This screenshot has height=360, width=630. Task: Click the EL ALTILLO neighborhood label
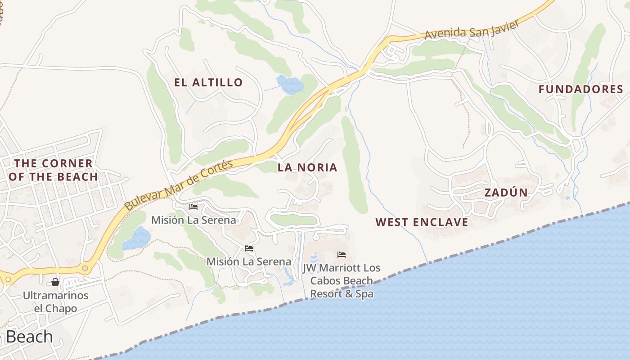click(209, 82)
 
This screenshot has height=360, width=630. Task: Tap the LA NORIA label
click(307, 167)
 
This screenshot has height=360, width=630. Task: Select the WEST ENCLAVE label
click(422, 222)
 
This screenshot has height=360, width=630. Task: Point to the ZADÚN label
click(506, 193)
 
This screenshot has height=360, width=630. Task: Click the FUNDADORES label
click(581, 89)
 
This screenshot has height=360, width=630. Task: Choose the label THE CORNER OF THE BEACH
click(53, 170)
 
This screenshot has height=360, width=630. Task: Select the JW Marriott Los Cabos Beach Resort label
click(342, 281)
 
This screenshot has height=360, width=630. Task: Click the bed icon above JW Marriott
click(342, 255)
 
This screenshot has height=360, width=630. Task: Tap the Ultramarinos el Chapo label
click(56, 302)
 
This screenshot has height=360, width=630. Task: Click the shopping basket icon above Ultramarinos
click(55, 282)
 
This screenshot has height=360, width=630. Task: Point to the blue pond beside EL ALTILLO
click(289, 84)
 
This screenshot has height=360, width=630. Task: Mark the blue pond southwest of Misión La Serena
click(137, 239)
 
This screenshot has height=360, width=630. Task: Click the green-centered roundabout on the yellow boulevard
click(85, 268)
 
